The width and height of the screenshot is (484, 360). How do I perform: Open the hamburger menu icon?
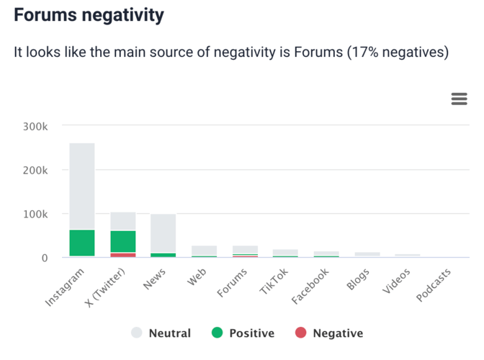tap(459, 99)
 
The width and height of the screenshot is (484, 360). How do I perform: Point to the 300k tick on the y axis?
tap(35, 127)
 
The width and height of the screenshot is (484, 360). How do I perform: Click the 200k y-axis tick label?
tap(35, 171)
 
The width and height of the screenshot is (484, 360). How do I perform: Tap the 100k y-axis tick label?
tap(35, 214)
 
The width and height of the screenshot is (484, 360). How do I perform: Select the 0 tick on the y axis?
tap(45, 257)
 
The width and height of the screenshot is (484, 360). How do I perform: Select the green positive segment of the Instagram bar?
tap(82, 243)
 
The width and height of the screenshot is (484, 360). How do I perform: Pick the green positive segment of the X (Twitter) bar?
tap(123, 241)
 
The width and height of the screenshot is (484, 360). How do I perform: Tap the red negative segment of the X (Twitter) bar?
tap(123, 254)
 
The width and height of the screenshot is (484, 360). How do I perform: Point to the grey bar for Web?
tap(204, 251)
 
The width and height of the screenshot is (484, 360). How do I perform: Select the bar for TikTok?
tap(285, 252)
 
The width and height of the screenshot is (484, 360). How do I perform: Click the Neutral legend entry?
tap(161, 333)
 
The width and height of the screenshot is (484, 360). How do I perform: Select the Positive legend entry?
tap(243, 333)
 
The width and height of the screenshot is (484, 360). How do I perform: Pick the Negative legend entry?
tap(329, 333)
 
